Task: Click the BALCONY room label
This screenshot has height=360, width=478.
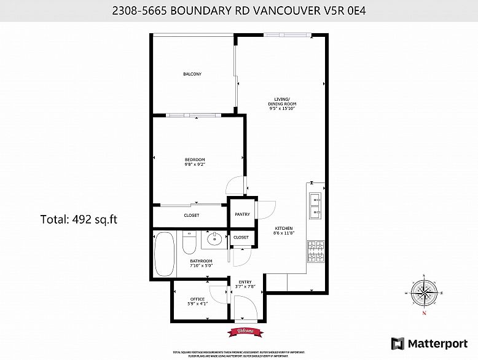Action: point(192,74)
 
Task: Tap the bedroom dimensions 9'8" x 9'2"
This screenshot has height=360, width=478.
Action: point(194,164)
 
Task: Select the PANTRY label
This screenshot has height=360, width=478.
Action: point(242,214)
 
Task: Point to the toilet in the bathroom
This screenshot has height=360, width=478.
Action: point(189,245)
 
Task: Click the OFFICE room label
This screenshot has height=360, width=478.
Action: point(197,299)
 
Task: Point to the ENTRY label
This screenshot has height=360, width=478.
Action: point(245,282)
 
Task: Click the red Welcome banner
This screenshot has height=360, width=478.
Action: point(243,332)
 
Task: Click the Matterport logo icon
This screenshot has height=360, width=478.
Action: point(398,342)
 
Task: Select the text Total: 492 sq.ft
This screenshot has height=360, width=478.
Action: point(78,218)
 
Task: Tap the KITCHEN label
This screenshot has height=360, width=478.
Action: point(283,229)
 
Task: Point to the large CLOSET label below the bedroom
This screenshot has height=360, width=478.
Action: point(192,215)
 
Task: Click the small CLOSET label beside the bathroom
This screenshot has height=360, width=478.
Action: point(241,237)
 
